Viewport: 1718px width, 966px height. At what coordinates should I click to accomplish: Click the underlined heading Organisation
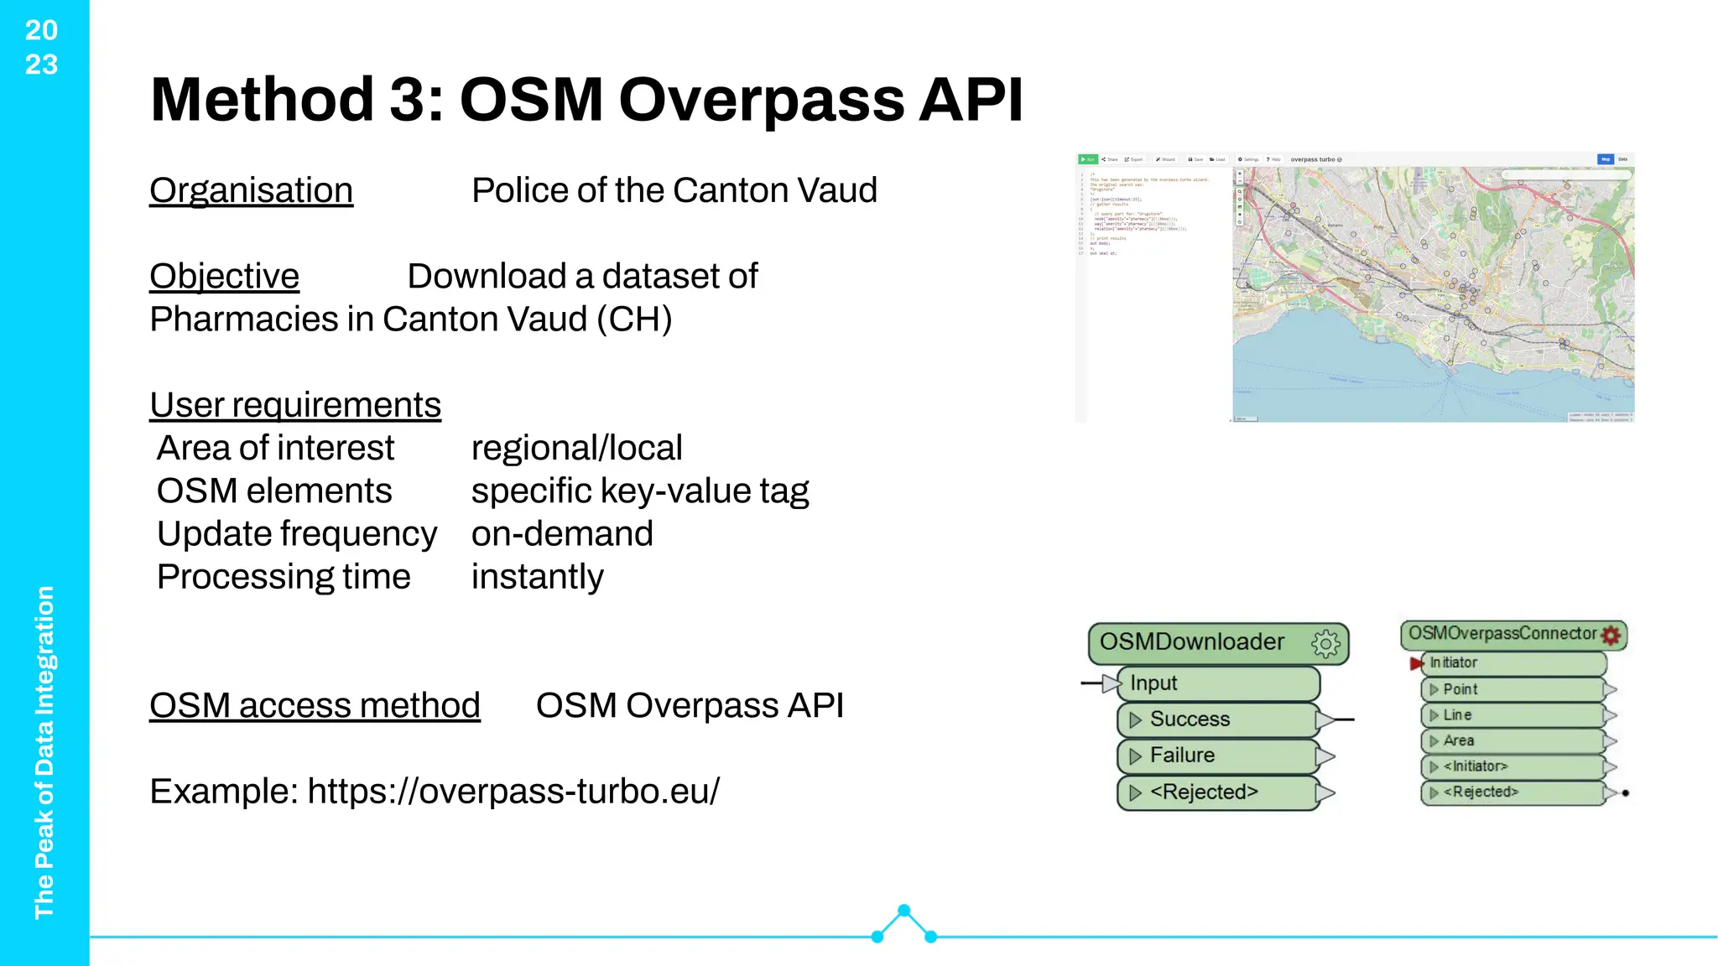pyautogui.click(x=251, y=191)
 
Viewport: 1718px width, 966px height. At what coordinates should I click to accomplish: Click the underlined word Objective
pyautogui.click(x=224, y=277)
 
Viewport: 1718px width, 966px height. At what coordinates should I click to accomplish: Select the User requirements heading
pyautogui.click(x=295, y=405)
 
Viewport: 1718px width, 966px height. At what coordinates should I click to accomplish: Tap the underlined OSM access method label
pyautogui.click(x=315, y=705)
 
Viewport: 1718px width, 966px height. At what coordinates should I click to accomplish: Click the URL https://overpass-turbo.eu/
pyautogui.click(x=513, y=792)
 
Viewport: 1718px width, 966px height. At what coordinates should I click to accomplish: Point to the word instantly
pyautogui.click(x=537, y=577)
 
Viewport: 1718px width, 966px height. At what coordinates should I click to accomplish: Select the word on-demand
pyautogui.click(x=562, y=534)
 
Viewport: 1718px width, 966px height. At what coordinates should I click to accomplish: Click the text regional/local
pyautogui.click(x=576, y=448)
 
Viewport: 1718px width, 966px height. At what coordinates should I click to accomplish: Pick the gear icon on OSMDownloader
pyautogui.click(x=1325, y=643)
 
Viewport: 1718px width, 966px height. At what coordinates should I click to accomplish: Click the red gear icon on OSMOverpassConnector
pyautogui.click(x=1611, y=635)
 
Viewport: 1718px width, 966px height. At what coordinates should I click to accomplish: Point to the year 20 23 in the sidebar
pyautogui.click(x=41, y=47)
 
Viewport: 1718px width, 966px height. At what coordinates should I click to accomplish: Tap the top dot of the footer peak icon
pyautogui.click(x=903, y=911)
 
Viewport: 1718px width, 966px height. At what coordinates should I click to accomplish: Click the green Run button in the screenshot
pyautogui.click(x=1088, y=159)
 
